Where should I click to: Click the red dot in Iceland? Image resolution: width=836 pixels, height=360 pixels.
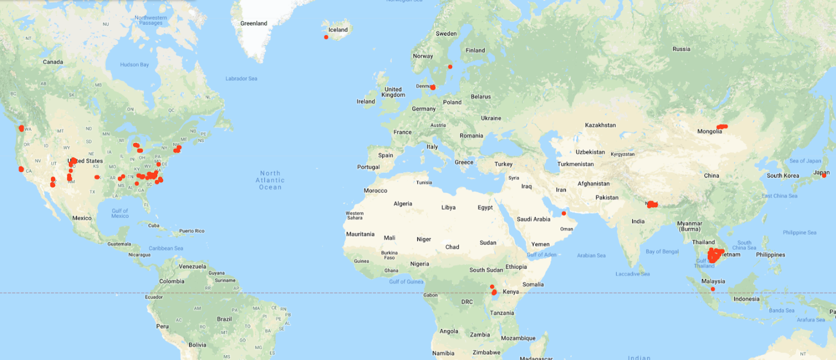coord(326,37)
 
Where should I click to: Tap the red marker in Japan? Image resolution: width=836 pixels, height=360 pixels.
coord(824,176)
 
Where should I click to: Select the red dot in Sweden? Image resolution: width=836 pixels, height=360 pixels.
coord(450,67)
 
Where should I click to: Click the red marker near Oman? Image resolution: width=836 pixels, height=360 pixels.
coord(564,213)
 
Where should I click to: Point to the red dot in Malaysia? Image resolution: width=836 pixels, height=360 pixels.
coord(713,289)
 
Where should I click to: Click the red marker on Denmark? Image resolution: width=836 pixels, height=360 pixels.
coord(433,88)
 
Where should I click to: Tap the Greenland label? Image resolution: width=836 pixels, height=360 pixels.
coord(253,24)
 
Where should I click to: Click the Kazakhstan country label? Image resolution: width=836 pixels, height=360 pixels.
coord(600,125)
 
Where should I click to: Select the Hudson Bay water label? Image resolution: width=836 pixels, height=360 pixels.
coord(134,65)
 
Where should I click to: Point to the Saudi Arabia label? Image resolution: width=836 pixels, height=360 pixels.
coord(533,219)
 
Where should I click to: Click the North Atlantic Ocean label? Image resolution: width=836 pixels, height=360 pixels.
coord(270,180)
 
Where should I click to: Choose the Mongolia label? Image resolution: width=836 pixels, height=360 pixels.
coord(709,132)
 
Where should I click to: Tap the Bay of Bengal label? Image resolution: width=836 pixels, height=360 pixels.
coord(662,252)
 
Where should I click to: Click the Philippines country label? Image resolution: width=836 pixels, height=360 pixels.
coord(770,255)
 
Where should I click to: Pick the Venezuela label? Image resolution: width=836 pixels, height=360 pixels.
coord(192,266)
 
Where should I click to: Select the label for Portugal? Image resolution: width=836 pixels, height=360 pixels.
coord(368,167)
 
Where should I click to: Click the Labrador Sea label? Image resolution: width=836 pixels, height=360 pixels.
coord(241,79)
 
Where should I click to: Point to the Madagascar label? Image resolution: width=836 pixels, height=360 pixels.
coord(536,358)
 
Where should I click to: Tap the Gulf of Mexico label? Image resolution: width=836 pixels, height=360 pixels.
coord(120,213)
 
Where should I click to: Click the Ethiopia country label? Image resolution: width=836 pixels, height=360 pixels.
coord(516,267)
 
